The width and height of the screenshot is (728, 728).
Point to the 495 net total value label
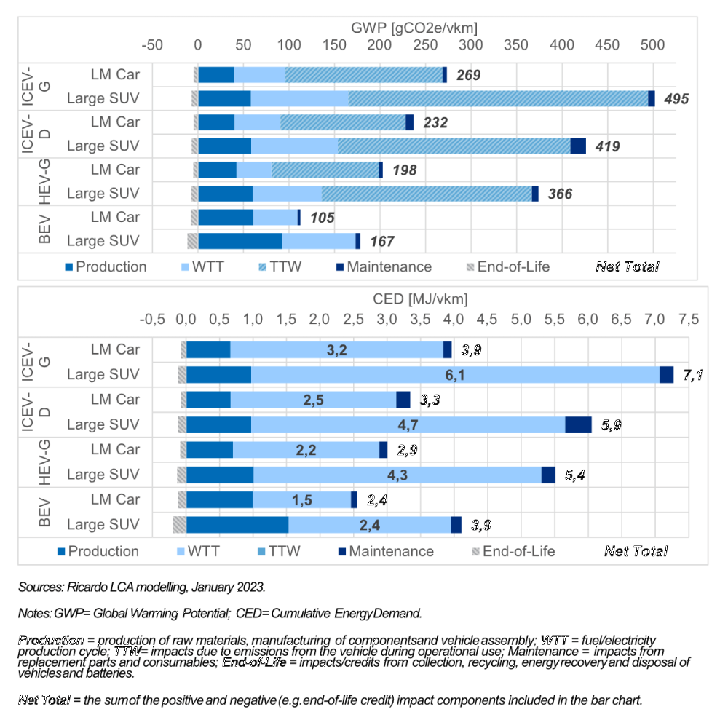(674, 99)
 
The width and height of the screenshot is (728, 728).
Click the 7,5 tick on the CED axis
(688, 319)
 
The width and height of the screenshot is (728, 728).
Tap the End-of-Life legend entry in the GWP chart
(505, 266)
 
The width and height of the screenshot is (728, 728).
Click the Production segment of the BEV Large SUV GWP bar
(240, 241)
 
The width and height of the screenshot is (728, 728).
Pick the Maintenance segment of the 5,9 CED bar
(578, 424)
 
